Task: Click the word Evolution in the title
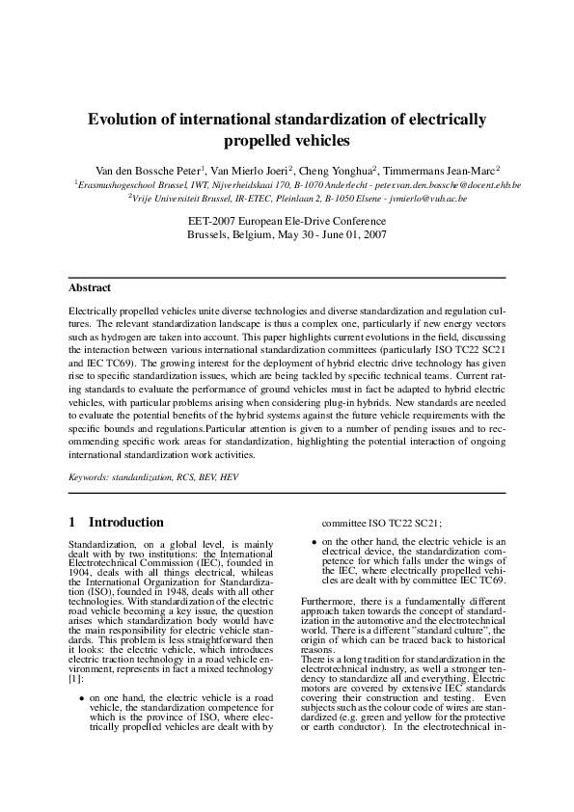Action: click(x=124, y=121)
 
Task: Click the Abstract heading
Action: click(x=90, y=287)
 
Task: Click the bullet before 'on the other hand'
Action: click(x=314, y=542)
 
